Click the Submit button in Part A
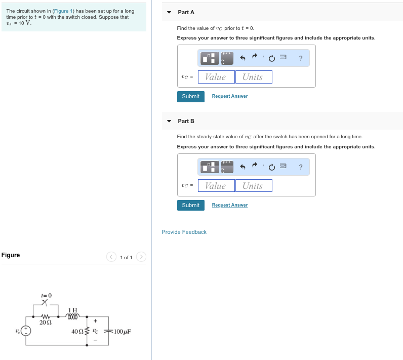point(190,96)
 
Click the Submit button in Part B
point(190,205)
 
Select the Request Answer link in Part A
point(229,96)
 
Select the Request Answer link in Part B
point(229,205)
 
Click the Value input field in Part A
point(216,77)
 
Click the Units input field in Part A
point(253,77)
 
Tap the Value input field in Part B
point(216,186)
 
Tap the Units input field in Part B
point(253,186)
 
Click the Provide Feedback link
point(184,232)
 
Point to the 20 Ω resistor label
point(46,323)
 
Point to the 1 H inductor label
point(73,310)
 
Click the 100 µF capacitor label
point(122,332)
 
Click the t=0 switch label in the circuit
point(46,295)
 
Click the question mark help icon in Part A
point(301,59)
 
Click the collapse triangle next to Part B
point(169,121)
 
